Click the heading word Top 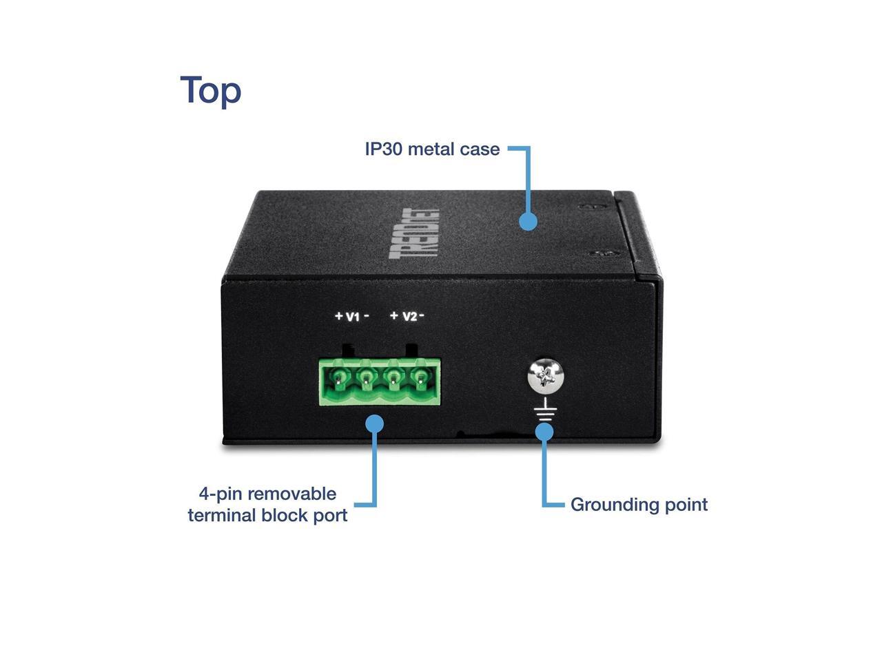[210, 90]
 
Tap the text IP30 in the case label [383, 149]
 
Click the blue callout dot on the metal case [528, 221]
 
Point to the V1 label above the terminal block [352, 316]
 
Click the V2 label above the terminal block [409, 316]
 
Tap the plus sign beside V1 [338, 316]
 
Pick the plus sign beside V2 [394, 316]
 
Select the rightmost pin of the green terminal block [420, 377]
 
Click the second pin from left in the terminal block [366, 377]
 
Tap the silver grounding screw [546, 376]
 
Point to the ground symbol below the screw [545, 412]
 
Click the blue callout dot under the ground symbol [544, 432]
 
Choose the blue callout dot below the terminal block [374, 423]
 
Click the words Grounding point [639, 505]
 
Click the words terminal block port [267, 515]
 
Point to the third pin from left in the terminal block [393, 377]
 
